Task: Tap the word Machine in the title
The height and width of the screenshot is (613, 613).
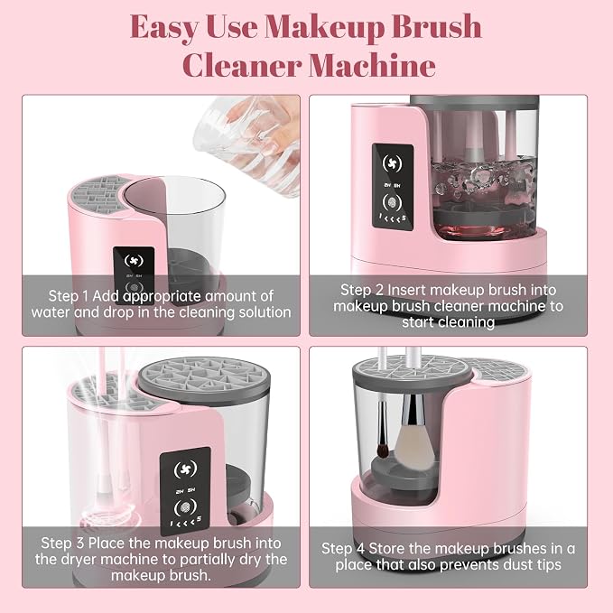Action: pos(372,65)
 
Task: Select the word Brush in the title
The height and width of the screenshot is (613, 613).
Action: pos(437,26)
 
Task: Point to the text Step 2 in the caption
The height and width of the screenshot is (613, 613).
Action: pos(362,290)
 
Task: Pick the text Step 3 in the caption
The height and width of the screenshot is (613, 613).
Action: pos(62,543)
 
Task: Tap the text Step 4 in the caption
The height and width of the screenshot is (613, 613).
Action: pos(343,548)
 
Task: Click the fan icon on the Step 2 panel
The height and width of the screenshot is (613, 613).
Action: pos(392,163)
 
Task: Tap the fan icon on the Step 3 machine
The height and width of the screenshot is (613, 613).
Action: pos(185,469)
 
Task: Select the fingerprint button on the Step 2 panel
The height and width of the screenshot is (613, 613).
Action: pos(392,201)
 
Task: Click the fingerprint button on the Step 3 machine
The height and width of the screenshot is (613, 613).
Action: pos(186,508)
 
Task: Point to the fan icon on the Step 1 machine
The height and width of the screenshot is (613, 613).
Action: pos(134,261)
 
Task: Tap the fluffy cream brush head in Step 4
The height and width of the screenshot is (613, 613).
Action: pos(414,444)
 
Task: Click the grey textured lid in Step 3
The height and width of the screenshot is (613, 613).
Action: pos(204,377)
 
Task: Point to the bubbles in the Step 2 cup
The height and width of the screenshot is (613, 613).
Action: pos(483,180)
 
